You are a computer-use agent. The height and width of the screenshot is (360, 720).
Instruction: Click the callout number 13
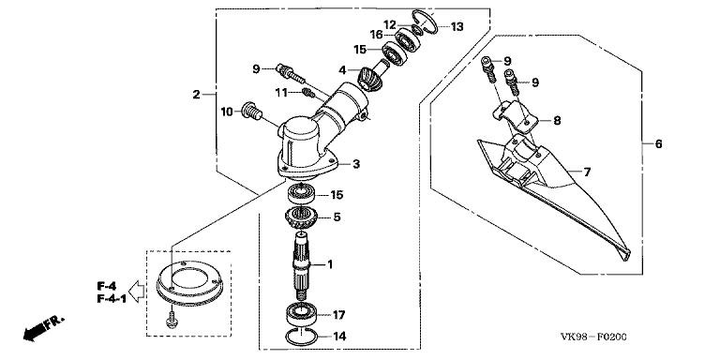pos(457,27)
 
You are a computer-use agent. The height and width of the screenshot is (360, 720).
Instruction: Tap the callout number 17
pos(338,315)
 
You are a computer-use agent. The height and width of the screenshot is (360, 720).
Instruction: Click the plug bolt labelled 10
pos(251,112)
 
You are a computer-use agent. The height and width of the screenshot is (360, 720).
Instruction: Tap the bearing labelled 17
pos(300,314)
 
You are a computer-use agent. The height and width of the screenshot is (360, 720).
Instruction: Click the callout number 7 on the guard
pos(587,172)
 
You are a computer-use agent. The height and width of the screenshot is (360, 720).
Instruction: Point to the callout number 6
pos(658,144)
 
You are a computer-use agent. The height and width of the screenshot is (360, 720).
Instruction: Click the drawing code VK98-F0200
pos(593,337)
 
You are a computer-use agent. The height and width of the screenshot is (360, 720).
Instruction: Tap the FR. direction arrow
pos(45,326)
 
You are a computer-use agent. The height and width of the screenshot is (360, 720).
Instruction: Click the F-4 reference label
pos(105,285)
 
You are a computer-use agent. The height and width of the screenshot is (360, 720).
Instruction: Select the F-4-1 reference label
pos(112,299)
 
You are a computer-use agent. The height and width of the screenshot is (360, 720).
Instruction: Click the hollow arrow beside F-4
pos(137,292)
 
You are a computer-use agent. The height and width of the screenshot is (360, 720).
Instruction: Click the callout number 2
pos(197,95)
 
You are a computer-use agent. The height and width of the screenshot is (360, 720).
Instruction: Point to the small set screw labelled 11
pos(309,94)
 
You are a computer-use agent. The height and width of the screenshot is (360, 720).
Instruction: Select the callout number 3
pos(356,164)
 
